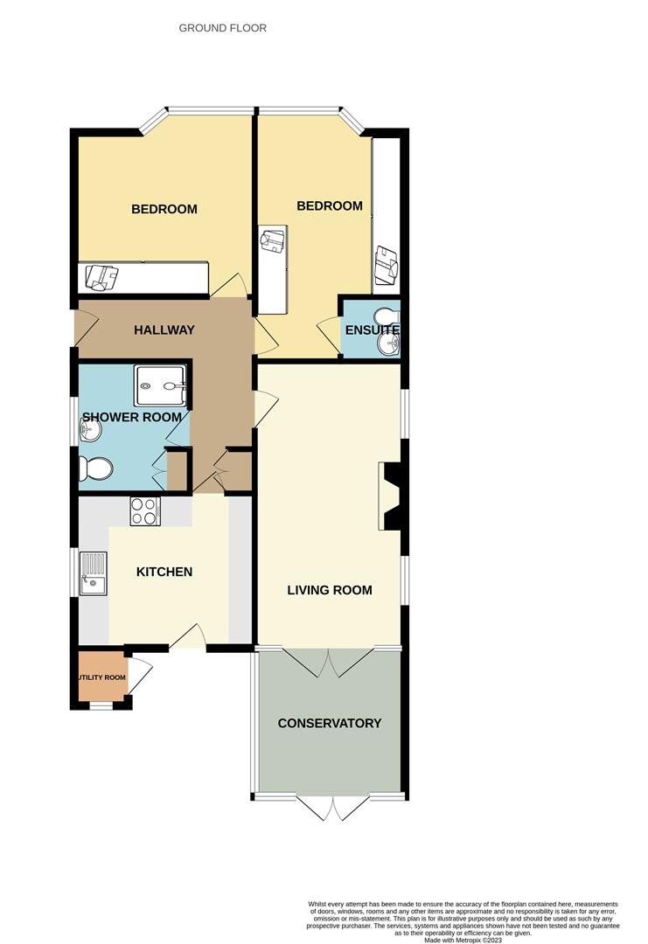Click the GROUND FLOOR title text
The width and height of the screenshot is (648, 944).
[x=222, y=28]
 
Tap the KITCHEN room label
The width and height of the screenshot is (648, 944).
[x=164, y=572]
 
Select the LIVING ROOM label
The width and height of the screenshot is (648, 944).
[x=330, y=590]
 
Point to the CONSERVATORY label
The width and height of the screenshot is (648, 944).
[x=330, y=723]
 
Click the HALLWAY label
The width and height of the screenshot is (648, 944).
[x=164, y=330]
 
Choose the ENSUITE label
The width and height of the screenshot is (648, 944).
[x=372, y=330]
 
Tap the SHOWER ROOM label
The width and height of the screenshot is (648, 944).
[x=132, y=417]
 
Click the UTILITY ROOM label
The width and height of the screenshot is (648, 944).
[x=101, y=677]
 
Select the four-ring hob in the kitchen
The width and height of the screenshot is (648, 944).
[x=145, y=511]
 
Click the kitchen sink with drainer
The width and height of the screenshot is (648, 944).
[x=94, y=573]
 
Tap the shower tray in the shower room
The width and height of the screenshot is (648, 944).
[x=160, y=385]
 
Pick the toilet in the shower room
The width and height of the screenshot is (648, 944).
[x=95, y=469]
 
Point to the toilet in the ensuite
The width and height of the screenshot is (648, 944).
[x=386, y=316]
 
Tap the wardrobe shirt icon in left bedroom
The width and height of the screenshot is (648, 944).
[x=101, y=278]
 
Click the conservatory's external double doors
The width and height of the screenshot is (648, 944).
[x=332, y=808]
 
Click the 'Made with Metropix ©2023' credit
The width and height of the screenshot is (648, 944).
[x=462, y=940]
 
